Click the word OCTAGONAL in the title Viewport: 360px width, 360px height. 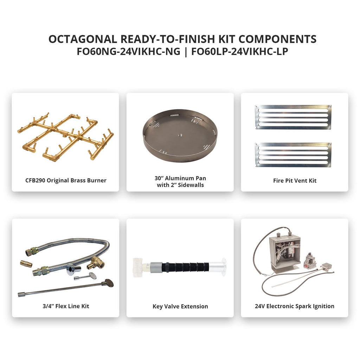click(83, 39)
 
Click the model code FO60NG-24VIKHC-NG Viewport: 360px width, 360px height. click(129, 51)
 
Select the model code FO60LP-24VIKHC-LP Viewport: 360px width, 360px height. click(239, 51)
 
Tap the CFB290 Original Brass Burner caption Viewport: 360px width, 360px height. click(66, 180)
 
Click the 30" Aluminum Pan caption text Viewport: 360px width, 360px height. click(180, 178)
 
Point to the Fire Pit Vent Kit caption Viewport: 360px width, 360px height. click(295, 181)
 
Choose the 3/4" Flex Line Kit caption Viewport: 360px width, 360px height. click(66, 306)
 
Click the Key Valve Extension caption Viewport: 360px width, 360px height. click(180, 306)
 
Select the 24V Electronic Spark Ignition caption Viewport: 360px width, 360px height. click(295, 306)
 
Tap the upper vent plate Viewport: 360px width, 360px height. click(293, 117)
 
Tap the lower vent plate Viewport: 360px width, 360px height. click(293, 155)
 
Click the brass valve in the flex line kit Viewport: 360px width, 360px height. click(95, 263)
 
